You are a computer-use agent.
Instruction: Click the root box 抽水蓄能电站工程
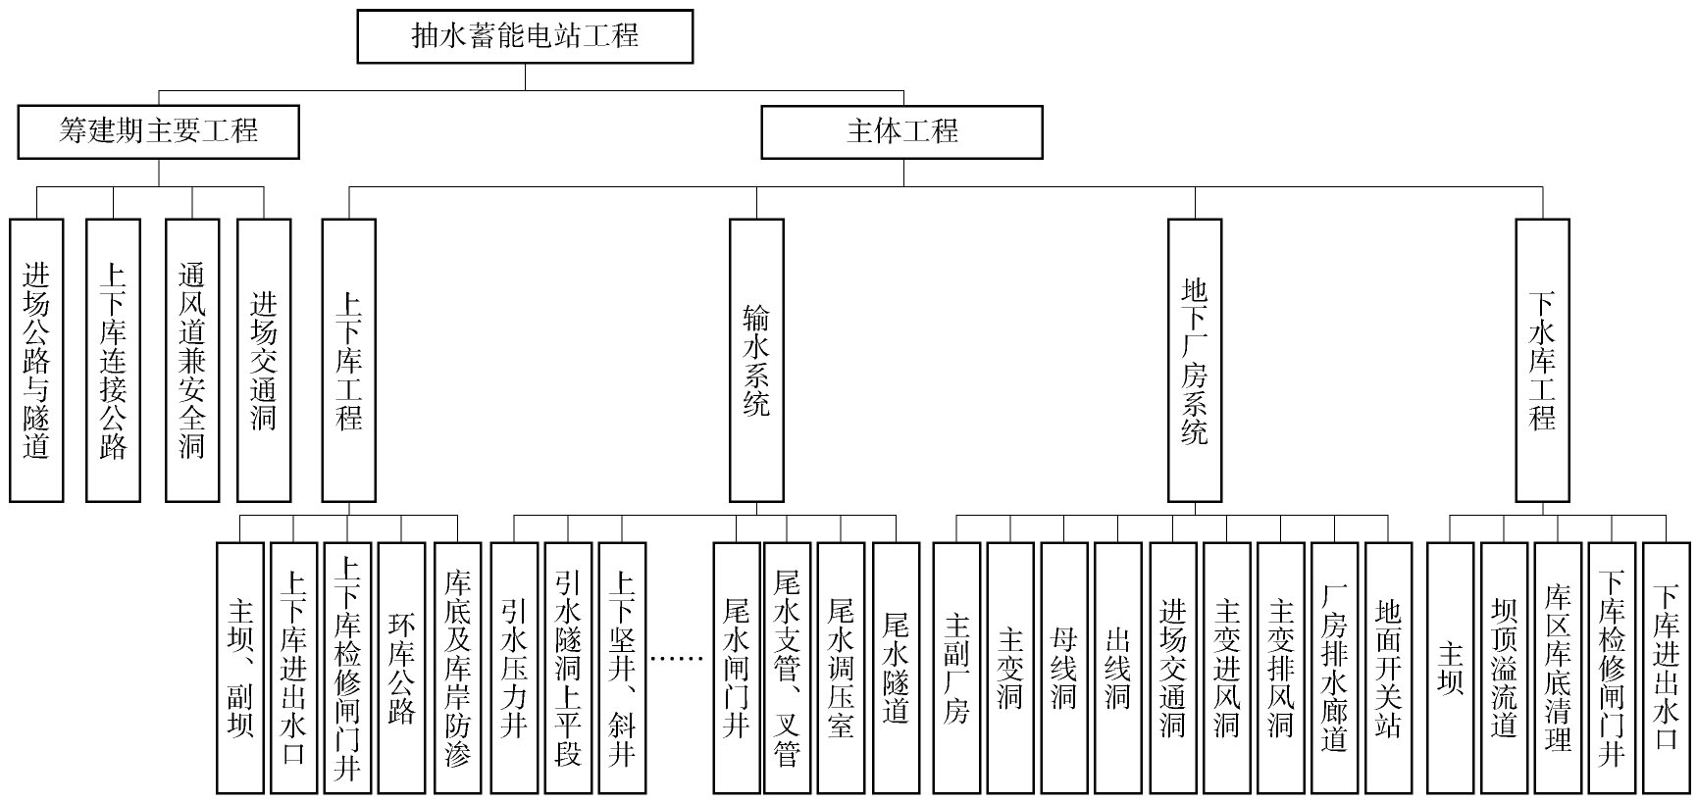pyautogui.click(x=525, y=36)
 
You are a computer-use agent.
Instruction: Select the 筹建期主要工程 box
pyautogui.click(x=159, y=131)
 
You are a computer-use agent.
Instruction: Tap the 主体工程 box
pyautogui.click(x=902, y=131)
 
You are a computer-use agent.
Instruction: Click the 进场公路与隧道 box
pyautogui.click(x=36, y=361)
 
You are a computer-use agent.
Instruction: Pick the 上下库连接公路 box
pyautogui.click(x=114, y=361)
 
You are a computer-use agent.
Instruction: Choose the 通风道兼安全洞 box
pyautogui.click(x=192, y=361)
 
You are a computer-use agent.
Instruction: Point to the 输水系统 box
pyautogui.click(x=756, y=361)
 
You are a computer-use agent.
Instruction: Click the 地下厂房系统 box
pyautogui.click(x=1195, y=361)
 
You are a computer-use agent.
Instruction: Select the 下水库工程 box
pyautogui.click(x=1543, y=361)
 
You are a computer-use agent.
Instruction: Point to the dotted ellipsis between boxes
pyautogui.click(x=679, y=659)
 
